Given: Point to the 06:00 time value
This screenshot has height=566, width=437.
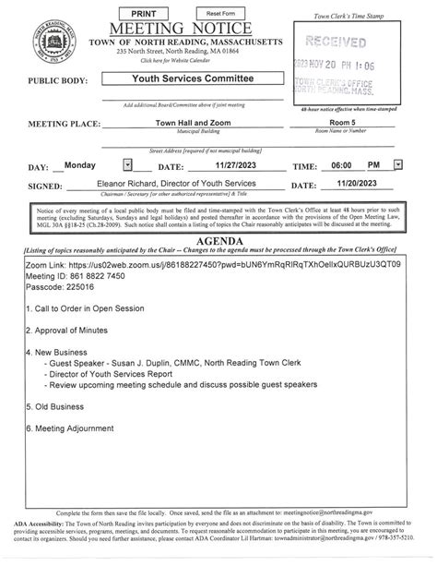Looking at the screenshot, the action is (343, 164).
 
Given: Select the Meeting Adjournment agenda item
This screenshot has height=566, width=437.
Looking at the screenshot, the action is (77, 428).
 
